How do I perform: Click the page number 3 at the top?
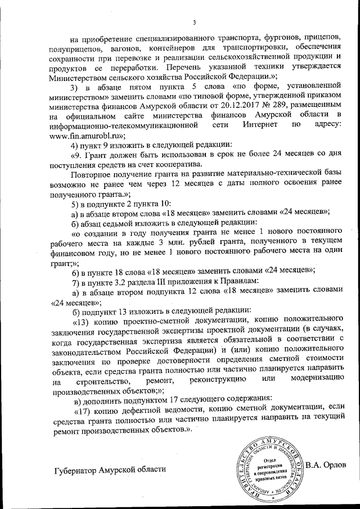193,22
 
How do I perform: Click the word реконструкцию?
211,382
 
